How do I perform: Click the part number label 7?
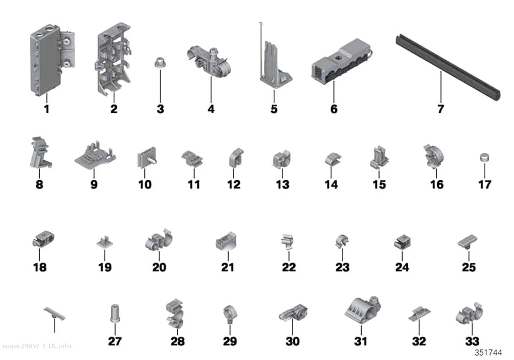441,109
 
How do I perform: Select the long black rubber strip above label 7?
448,66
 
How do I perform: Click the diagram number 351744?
489,353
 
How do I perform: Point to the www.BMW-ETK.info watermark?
37,346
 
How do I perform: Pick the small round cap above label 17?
485,157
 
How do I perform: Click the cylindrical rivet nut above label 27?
115,313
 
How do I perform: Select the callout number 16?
437,184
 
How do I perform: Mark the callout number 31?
361,341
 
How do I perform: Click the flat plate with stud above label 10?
146,158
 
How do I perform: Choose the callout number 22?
289,267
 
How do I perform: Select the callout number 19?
105,267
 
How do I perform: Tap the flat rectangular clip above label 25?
468,242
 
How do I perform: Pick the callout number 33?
472,341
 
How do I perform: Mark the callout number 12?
234,184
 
